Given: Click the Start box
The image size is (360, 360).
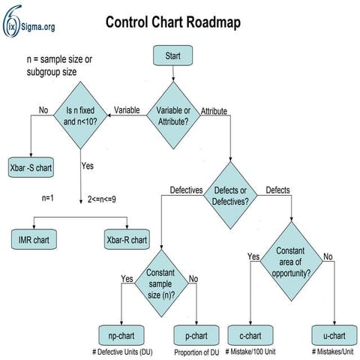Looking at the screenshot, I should pos(173,55).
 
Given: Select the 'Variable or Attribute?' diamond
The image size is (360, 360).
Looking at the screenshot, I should pos(173,113).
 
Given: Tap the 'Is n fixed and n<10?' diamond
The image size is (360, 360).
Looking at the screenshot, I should pos(80,114).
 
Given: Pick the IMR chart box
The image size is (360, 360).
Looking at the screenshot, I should pos(34,241).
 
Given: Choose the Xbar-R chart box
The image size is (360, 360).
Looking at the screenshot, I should pos(127,241).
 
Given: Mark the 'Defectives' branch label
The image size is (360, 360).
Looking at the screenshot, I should pos(187,190).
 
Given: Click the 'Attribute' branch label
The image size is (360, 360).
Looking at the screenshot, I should pos(214,111).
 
